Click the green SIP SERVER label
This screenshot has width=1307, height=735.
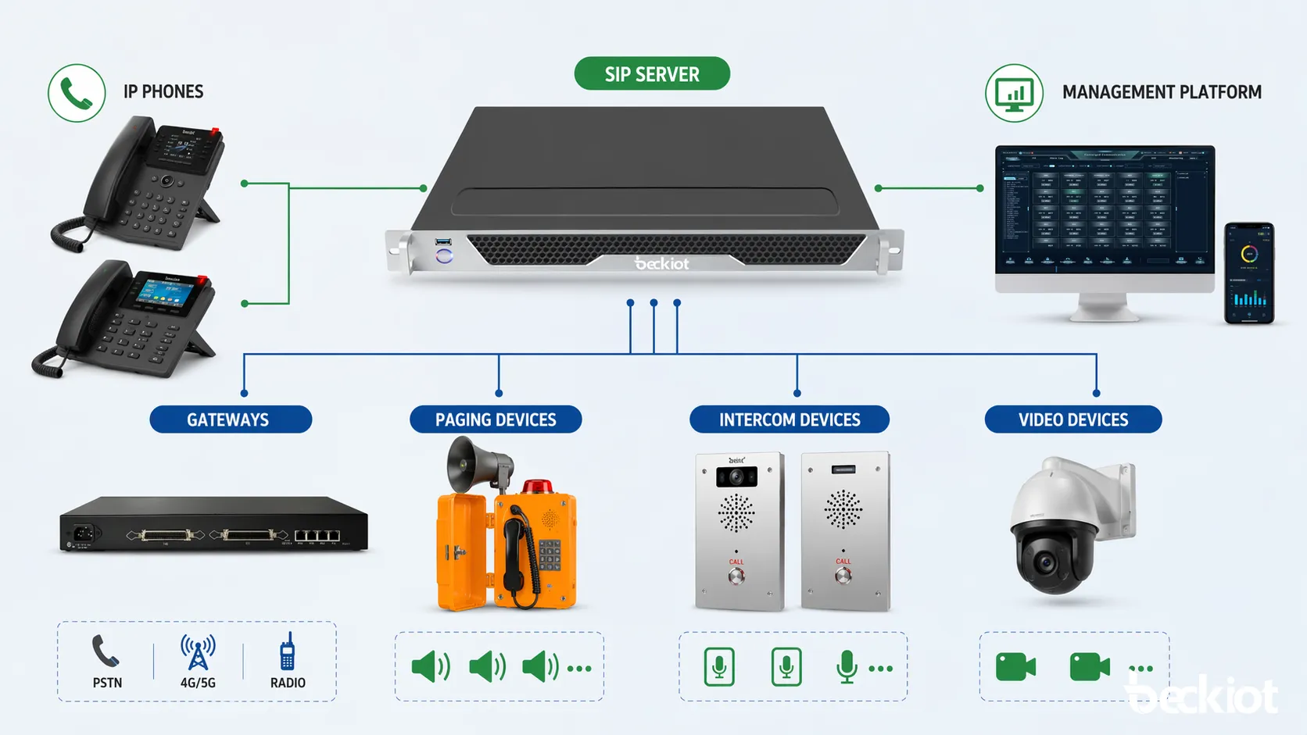click(652, 74)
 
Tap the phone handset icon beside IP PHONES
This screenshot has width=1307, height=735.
click(77, 94)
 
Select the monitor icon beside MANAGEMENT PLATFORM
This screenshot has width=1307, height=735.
click(1014, 94)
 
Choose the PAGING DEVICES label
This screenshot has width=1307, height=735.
click(496, 419)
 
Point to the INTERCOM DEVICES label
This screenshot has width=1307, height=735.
click(790, 419)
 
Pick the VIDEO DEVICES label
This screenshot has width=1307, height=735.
click(1073, 419)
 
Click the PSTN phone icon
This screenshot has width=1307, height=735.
click(106, 651)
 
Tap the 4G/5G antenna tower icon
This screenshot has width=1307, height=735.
click(198, 652)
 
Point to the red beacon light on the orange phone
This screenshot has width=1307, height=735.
click(537, 487)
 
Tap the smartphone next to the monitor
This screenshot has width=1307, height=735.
click(1249, 273)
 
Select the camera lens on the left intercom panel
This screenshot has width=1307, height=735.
click(736, 476)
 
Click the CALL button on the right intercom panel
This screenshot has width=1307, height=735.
click(843, 576)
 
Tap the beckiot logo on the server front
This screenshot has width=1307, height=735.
click(662, 264)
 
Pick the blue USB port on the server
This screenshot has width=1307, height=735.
click(444, 242)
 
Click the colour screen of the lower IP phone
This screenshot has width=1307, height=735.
click(166, 293)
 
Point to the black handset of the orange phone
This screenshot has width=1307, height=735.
click(514, 547)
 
